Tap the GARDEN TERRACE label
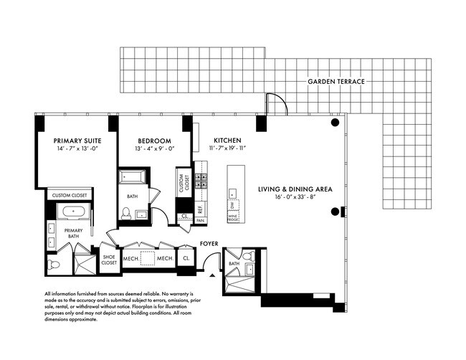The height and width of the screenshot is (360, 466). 336,82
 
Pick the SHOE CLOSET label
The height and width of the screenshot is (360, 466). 109,260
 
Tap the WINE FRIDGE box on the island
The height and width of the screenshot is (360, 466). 233,214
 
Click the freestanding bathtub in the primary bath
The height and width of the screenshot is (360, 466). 71,212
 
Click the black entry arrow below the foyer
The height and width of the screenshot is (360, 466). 212,275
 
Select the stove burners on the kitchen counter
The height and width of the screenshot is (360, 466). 201,179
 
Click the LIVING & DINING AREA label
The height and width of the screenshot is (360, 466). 294,189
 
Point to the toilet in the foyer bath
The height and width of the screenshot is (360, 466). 248,257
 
